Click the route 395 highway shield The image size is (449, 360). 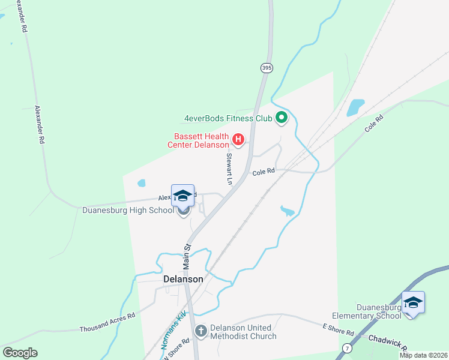(x=267, y=68)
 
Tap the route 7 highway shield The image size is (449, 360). (x=346, y=348)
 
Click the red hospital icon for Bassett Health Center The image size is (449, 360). (x=238, y=140)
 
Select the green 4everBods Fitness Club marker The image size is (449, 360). (x=281, y=118)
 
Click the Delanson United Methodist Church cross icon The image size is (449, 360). (x=201, y=331)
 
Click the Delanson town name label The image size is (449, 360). (x=183, y=279)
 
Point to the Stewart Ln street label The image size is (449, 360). (x=229, y=168)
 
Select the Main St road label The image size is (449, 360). (x=187, y=255)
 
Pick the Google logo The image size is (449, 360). (x=20, y=353)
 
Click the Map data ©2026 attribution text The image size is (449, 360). (x=423, y=355)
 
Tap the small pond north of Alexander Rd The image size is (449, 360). (x=141, y=183)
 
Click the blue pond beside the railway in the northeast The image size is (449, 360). (x=355, y=107)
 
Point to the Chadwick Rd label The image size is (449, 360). (x=388, y=344)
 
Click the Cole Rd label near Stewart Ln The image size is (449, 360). (x=264, y=172)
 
